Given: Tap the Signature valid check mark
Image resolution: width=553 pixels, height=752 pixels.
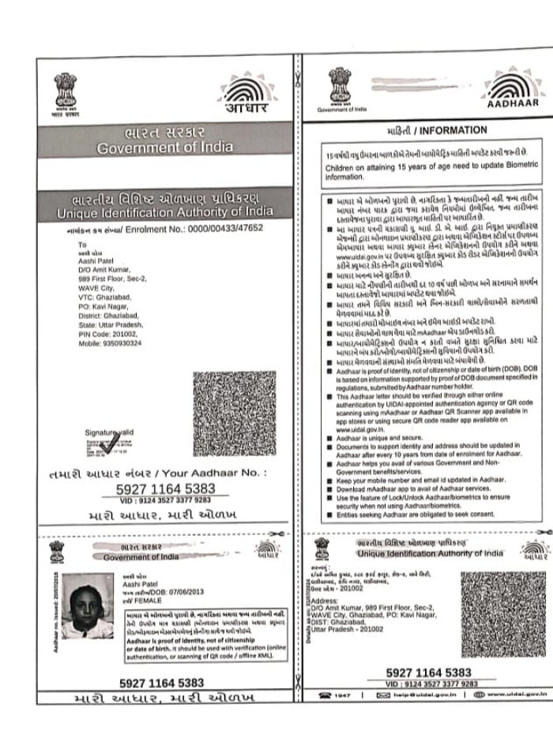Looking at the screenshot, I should pos(106,446).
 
